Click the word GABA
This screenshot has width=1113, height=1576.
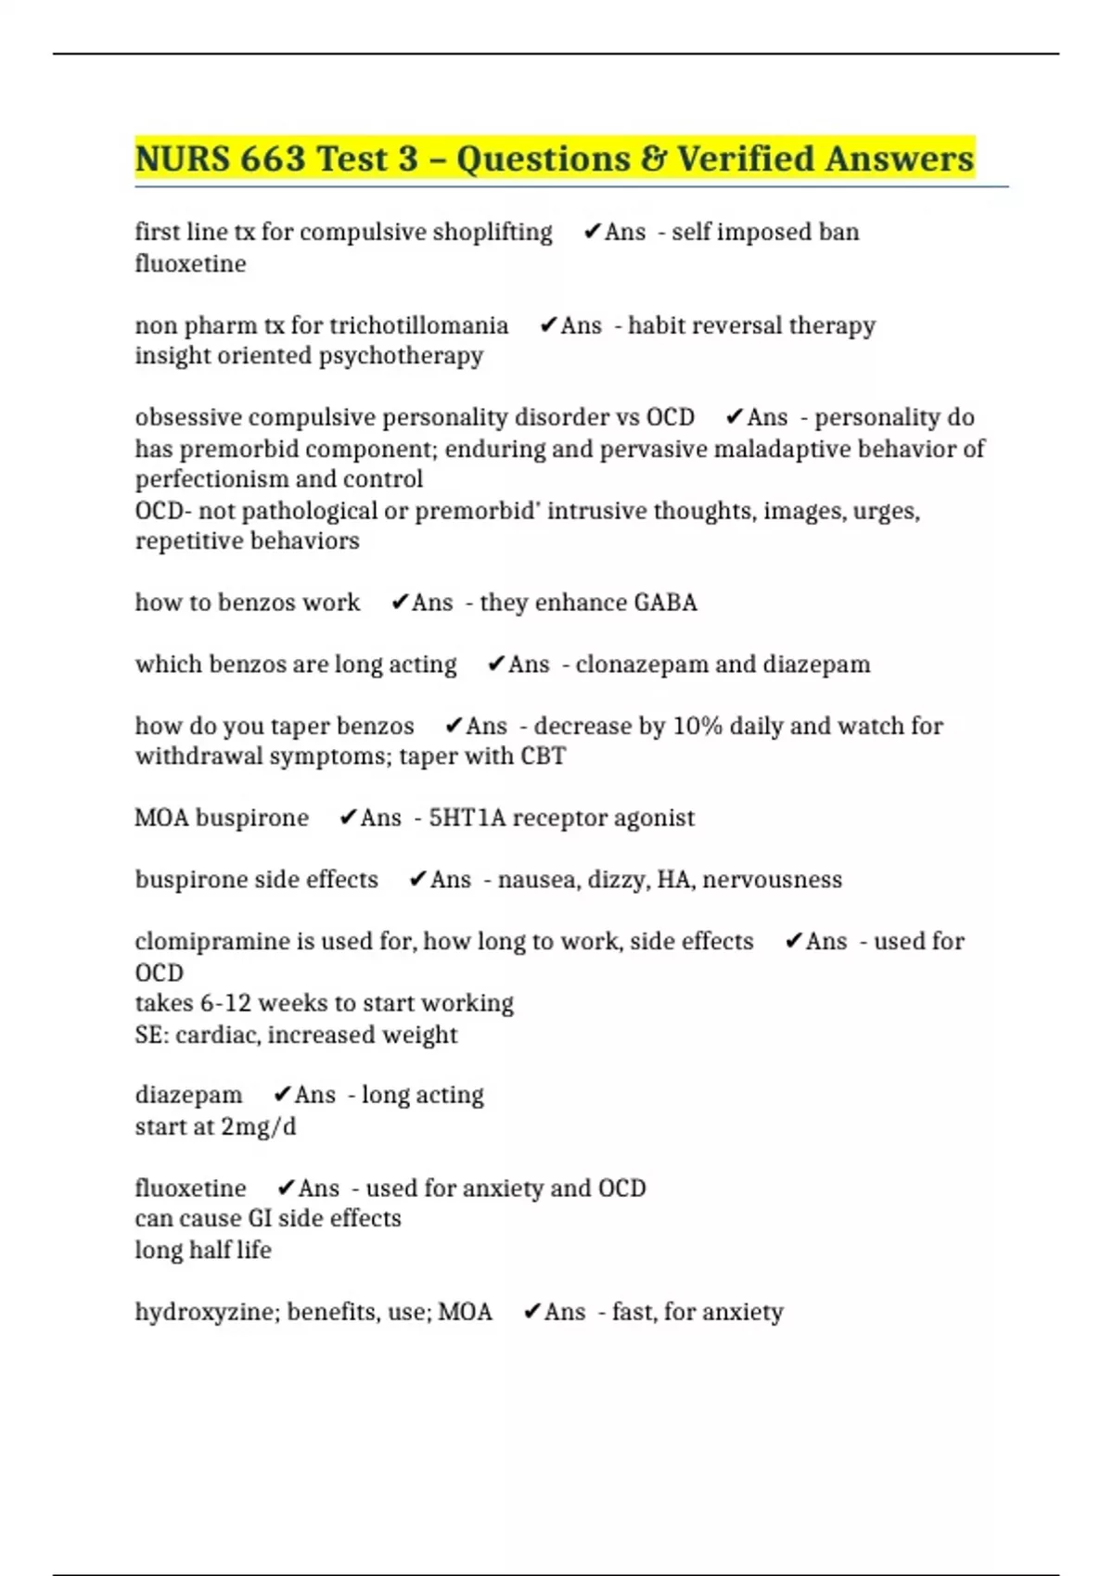click(x=665, y=603)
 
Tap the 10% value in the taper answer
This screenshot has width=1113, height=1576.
click(x=697, y=726)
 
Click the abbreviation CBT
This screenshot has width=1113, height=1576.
click(x=543, y=756)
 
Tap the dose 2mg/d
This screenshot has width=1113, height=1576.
click(x=259, y=1127)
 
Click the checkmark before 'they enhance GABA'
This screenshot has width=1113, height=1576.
click(x=400, y=603)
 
